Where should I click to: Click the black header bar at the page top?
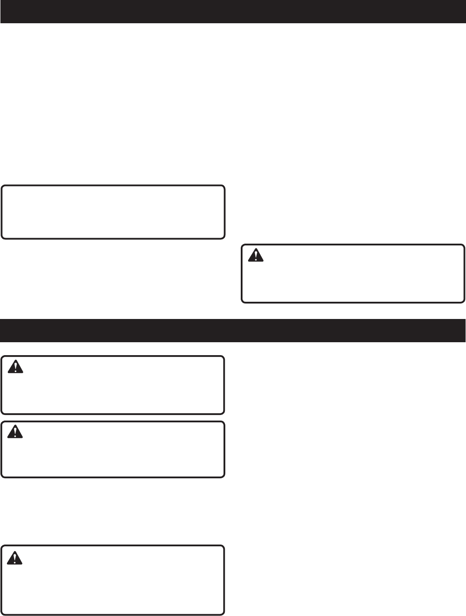[x=233, y=12]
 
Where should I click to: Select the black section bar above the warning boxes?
[x=233, y=330]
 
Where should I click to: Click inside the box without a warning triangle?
[x=113, y=212]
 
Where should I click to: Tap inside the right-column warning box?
[x=353, y=274]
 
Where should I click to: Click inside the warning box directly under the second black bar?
[x=113, y=384]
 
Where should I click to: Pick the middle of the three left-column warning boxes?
[x=113, y=449]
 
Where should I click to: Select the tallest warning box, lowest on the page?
[x=113, y=579]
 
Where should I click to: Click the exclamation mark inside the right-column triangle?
[x=256, y=256]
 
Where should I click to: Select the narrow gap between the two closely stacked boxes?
[x=113, y=418]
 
